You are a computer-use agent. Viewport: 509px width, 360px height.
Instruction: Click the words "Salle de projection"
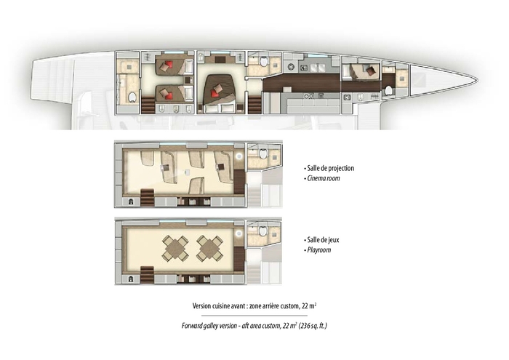[329, 168]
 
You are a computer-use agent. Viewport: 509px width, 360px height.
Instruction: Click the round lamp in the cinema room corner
[239, 156]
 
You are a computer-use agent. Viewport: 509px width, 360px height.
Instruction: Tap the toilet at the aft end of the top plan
[132, 97]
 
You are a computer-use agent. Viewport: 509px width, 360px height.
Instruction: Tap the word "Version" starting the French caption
[204, 306]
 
